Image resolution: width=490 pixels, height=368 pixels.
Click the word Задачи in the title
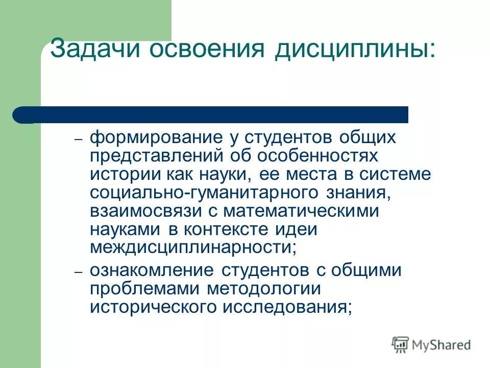95,50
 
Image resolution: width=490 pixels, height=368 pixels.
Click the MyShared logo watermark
431,344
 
